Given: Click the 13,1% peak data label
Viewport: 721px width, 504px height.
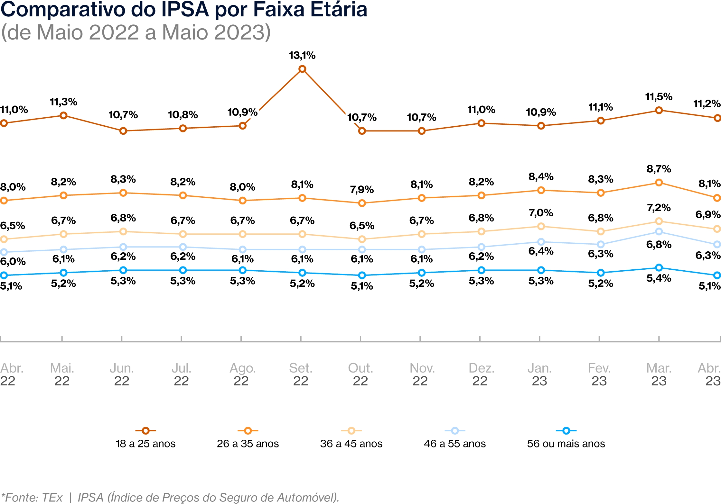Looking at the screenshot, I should coord(302,55).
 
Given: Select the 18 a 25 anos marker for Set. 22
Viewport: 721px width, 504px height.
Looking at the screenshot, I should coord(302,69).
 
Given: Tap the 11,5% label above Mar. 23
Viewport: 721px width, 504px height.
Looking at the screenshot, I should coord(659,97).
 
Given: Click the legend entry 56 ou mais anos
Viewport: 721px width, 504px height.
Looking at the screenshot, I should coord(566,444).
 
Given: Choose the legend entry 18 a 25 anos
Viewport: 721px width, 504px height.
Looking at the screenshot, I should coord(145,444).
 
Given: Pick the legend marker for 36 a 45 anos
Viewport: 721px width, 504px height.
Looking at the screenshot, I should coord(351,431).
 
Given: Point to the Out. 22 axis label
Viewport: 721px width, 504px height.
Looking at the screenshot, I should coord(360,374).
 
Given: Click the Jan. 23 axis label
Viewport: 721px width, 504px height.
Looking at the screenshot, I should coord(539,374).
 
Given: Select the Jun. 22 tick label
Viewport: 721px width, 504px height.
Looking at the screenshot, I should coord(122,374).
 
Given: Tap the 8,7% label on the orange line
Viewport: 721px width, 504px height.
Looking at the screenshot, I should coord(659,169).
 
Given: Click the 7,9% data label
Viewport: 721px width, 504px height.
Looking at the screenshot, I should coord(362,189).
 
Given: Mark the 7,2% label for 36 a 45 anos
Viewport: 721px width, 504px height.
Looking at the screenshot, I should coord(659,208).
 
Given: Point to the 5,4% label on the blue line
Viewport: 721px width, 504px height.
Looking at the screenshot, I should coord(659,278).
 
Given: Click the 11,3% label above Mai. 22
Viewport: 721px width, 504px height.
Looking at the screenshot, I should coord(63,102).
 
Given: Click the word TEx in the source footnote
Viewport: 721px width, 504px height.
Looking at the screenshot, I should coord(52,497).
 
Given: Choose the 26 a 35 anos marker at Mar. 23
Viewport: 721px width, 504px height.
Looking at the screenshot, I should coord(659,183).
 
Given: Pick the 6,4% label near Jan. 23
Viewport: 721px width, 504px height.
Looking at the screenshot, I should coord(541,251).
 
